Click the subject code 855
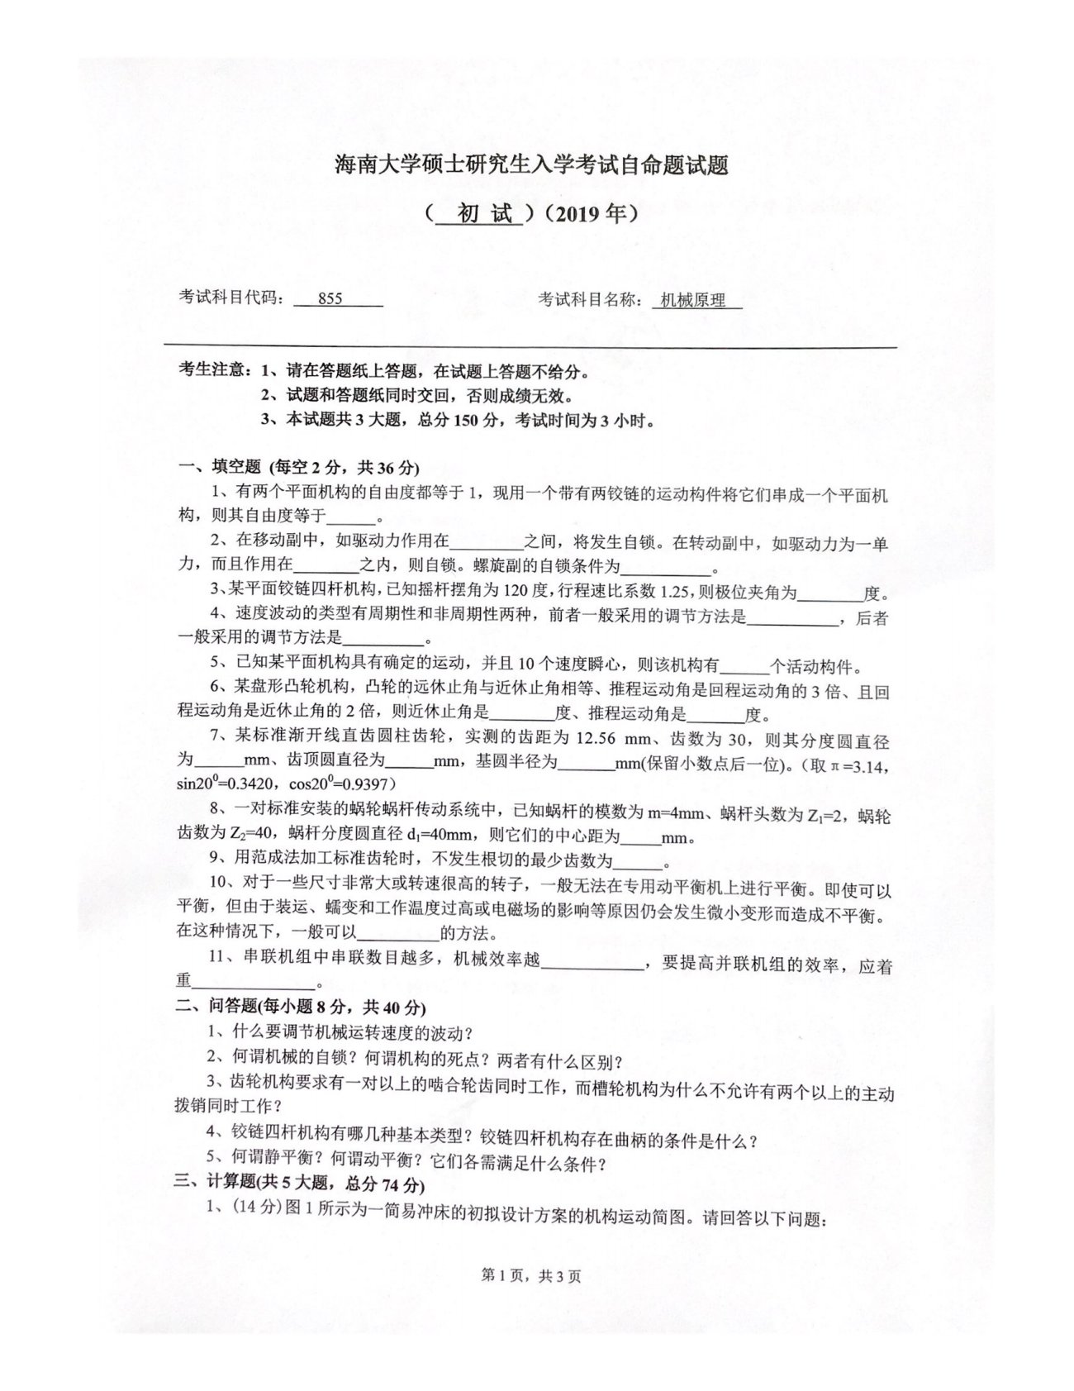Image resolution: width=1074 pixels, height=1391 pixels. click(330, 300)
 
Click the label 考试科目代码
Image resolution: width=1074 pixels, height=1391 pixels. click(231, 300)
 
